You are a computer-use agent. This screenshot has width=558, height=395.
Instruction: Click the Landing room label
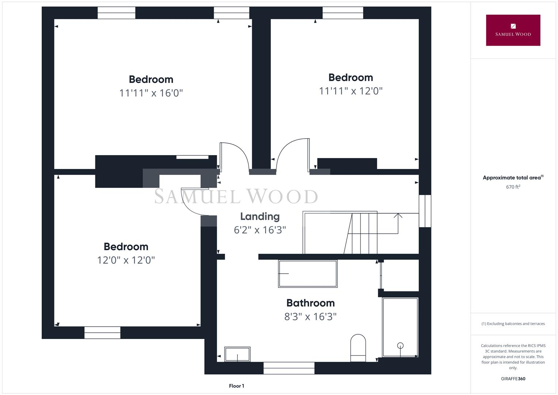click(x=260, y=217)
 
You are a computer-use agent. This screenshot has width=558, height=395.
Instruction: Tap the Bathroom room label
click(x=310, y=303)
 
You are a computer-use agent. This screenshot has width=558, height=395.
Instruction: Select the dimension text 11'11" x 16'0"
click(x=151, y=93)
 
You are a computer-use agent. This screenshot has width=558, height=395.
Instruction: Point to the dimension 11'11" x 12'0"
click(x=350, y=91)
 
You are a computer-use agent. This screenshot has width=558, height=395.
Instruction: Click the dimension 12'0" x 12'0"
click(x=126, y=260)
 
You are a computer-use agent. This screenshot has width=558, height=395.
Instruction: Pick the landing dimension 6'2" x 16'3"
click(x=260, y=230)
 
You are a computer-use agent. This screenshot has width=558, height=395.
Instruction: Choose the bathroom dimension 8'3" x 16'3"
click(x=310, y=316)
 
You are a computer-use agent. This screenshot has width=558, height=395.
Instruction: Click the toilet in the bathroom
click(x=358, y=347)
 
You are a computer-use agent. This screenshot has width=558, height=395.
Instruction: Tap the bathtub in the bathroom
click(x=308, y=274)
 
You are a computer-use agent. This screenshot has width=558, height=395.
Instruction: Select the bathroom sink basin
click(x=237, y=354)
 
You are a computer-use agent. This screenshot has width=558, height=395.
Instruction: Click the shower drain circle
click(x=400, y=345)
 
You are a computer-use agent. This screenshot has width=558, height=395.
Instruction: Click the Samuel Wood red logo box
click(x=513, y=30)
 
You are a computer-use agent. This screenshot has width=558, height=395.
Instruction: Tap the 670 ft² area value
click(x=513, y=187)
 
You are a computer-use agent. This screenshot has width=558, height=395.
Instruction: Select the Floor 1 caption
click(x=236, y=386)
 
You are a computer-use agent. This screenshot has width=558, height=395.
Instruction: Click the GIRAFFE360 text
click(x=513, y=379)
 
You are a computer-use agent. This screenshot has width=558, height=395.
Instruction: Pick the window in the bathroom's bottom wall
click(x=289, y=368)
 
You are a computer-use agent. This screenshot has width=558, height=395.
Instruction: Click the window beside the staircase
click(x=425, y=211)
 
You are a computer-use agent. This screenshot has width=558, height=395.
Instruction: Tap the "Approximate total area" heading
click(x=513, y=178)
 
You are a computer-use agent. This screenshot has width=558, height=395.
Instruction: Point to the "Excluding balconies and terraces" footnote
click(x=513, y=324)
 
